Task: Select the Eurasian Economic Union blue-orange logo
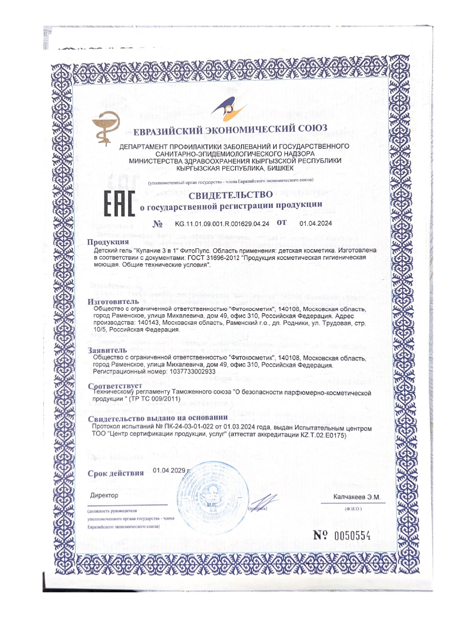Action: click(228, 108)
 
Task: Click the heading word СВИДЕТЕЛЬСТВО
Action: click(230, 195)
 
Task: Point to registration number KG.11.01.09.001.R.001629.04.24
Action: click(222, 224)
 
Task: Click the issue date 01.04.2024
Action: click(315, 223)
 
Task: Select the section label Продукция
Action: click(108, 242)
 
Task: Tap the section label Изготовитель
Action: click(113, 301)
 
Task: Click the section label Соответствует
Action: click(115, 386)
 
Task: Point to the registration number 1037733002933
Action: click(192, 372)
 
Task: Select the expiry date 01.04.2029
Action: click(169, 470)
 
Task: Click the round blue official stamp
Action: click(212, 494)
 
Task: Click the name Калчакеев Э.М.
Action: click(357, 497)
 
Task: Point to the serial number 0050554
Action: click(352, 536)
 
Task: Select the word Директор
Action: click(104, 495)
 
